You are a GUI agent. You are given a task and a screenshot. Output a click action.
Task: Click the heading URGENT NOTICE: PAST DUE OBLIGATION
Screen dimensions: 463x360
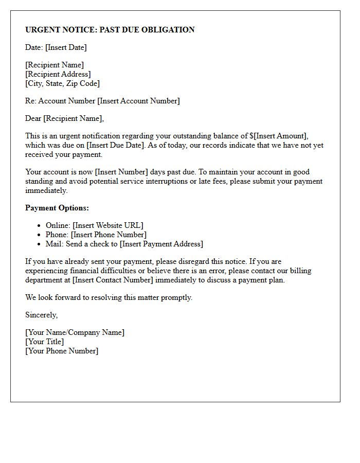(x=110, y=30)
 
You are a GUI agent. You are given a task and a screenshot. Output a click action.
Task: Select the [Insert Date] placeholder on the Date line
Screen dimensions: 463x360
(x=66, y=47)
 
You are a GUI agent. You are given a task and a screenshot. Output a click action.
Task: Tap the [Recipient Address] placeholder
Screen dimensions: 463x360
(x=58, y=74)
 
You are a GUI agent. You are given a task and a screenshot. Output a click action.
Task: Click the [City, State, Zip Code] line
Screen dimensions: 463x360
(x=62, y=83)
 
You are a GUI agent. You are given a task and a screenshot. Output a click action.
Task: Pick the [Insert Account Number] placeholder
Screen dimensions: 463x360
(x=138, y=101)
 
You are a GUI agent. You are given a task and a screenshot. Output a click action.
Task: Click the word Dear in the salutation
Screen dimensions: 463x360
(x=33, y=118)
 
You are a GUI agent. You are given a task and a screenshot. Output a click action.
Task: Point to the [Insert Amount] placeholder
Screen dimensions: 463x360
(x=281, y=136)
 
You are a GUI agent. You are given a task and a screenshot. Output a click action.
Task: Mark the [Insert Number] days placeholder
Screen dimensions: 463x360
(x=121, y=172)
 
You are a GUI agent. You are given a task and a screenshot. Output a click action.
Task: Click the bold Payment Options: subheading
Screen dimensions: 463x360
(x=57, y=208)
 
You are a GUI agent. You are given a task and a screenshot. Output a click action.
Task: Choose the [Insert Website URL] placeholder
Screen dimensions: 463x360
(x=108, y=225)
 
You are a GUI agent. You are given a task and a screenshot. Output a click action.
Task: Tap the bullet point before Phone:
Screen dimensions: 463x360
(x=39, y=235)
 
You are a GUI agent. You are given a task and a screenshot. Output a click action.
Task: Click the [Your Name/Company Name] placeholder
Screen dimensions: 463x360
(x=75, y=332)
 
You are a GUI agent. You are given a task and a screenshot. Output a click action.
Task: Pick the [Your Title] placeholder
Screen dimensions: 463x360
(x=45, y=342)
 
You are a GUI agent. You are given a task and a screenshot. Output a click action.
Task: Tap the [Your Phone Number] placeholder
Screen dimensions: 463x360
(x=62, y=351)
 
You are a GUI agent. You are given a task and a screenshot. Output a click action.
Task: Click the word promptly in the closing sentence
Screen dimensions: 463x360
(x=175, y=297)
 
